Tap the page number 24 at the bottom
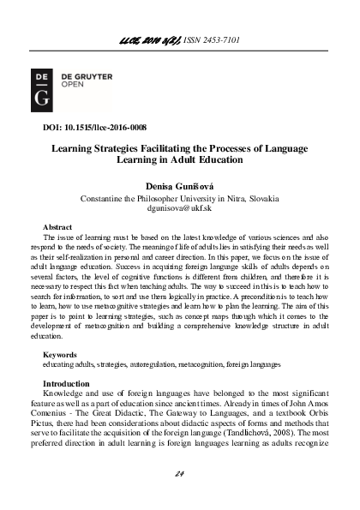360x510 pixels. click(180, 473)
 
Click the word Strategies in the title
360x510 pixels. click(112, 147)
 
